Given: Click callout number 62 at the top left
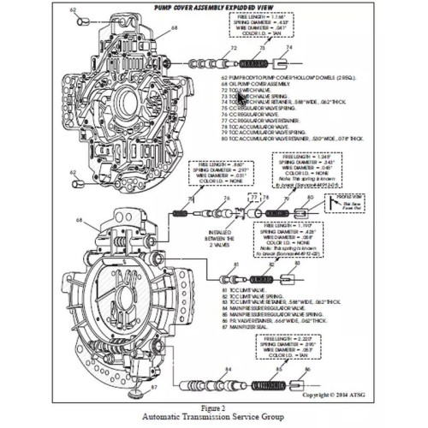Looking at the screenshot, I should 74,11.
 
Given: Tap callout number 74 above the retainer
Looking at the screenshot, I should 288,49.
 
